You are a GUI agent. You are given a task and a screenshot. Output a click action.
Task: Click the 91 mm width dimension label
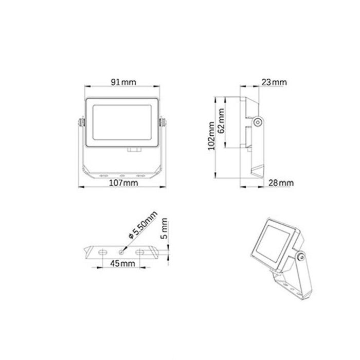[x=122, y=81]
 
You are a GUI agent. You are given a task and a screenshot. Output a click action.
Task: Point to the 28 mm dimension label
[x=280, y=183]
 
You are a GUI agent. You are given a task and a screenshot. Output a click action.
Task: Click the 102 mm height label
[x=211, y=136]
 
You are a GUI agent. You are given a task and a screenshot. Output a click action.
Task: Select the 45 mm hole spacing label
[x=122, y=263]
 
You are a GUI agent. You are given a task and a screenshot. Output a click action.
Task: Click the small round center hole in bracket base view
[x=121, y=252]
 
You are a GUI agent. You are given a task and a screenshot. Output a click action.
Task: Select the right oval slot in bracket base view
[x=140, y=252]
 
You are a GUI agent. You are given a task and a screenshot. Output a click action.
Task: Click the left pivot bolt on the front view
[x=81, y=122]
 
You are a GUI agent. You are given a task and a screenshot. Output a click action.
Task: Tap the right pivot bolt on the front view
[x=164, y=122]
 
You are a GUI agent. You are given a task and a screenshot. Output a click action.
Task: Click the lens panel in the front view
[x=122, y=122]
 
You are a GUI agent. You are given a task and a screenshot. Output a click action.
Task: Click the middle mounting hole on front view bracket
[x=122, y=175]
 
